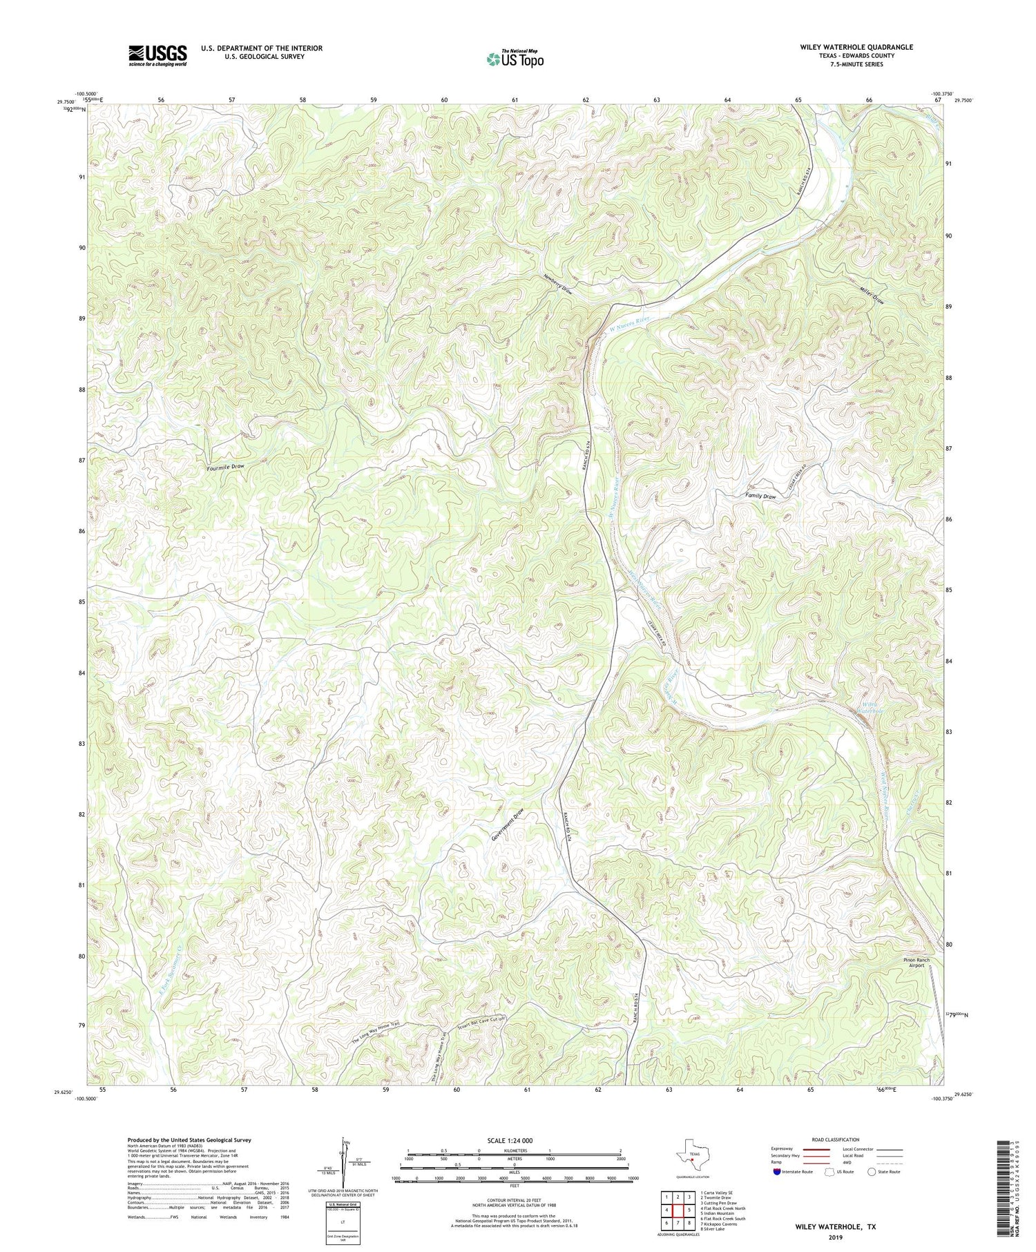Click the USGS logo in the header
click(157, 55)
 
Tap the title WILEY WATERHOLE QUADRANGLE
click(844, 47)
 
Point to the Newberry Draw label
click(557, 286)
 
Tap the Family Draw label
click(760, 497)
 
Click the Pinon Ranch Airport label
click(916, 963)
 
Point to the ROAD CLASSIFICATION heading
click(836, 1139)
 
